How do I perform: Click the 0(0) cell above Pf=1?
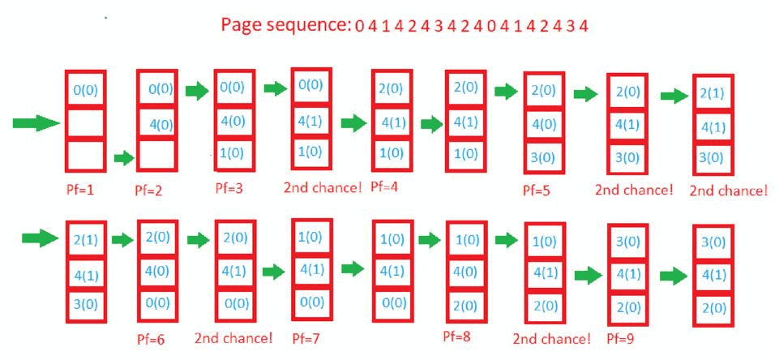click(84, 90)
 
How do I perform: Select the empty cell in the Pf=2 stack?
click(157, 153)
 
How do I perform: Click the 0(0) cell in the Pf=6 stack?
click(158, 303)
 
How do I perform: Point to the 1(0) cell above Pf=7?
click(311, 238)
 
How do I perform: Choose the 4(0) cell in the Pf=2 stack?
click(157, 124)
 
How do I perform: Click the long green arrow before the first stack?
click(36, 123)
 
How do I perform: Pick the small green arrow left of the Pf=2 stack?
click(122, 157)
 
